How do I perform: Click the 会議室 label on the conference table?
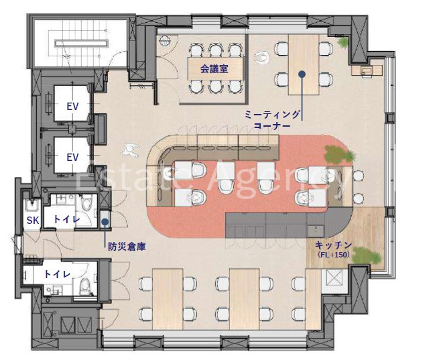(x=214, y=68)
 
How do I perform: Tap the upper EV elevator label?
(x=72, y=106)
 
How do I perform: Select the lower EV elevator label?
(x=72, y=158)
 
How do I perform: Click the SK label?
(x=33, y=220)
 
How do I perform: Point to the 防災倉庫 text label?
(x=127, y=247)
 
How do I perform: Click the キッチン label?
(x=333, y=245)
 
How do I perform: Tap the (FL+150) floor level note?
(x=334, y=255)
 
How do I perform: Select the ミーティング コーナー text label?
(x=272, y=120)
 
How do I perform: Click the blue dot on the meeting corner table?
(x=302, y=74)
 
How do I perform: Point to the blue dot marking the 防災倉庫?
(x=105, y=222)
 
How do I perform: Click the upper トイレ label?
(x=66, y=219)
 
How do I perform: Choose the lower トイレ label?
(x=57, y=274)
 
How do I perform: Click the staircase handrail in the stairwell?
(x=81, y=43)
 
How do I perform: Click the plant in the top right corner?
(x=343, y=42)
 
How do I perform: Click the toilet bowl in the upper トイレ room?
(x=87, y=202)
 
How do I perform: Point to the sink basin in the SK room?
(x=32, y=204)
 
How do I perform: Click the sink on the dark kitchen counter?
(x=316, y=231)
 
